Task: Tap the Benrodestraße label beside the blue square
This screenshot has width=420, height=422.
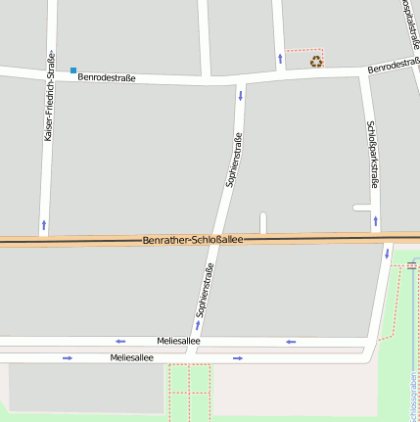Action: pos(107,76)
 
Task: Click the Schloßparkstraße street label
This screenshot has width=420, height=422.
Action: pos(372,155)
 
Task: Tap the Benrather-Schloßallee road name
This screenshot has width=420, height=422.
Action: pos(192,240)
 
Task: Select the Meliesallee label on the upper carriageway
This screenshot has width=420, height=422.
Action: pos(178,341)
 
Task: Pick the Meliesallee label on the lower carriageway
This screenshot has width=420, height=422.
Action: pos(131,358)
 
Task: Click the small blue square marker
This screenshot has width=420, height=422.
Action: pos(72,70)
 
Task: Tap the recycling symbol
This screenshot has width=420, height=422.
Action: pos(316,62)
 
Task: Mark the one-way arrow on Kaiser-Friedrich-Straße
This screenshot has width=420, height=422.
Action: pos(43,225)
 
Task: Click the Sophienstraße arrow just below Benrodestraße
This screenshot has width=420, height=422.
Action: pos(241,96)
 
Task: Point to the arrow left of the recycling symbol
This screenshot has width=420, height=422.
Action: pos(281,58)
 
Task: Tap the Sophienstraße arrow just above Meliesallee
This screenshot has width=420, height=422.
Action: pos(198,324)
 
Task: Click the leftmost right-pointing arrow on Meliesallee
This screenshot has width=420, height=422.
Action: pos(68,358)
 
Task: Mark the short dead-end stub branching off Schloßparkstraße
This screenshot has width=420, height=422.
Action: pos(361,208)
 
